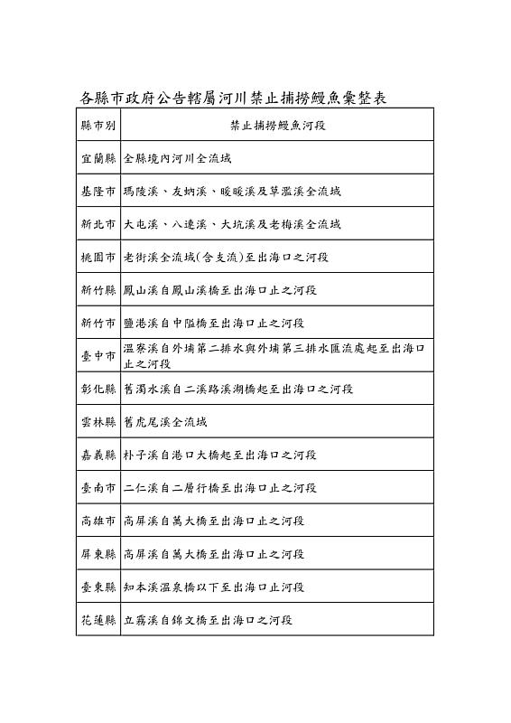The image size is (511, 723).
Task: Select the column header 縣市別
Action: pyautogui.click(x=98, y=125)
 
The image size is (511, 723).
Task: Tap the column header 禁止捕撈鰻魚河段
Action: pyautogui.click(x=277, y=125)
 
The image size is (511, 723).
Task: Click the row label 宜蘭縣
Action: pyautogui.click(x=98, y=158)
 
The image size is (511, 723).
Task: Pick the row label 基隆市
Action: pyautogui.click(x=98, y=192)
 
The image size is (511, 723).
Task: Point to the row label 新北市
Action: pyautogui.click(x=98, y=224)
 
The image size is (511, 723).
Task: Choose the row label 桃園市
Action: pyautogui.click(x=98, y=258)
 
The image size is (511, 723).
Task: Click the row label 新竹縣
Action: pyautogui.click(x=98, y=290)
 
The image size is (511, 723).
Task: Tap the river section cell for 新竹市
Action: pyautogui.click(x=214, y=323)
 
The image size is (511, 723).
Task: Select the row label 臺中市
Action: pyautogui.click(x=98, y=356)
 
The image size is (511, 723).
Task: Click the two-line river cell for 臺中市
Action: pyautogui.click(x=274, y=356)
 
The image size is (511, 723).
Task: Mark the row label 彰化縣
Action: pyautogui.click(x=98, y=389)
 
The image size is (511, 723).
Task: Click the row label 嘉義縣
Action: pyautogui.click(x=98, y=455)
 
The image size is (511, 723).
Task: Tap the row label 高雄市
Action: pyautogui.click(x=98, y=521)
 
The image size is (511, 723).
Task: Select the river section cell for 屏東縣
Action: pyautogui.click(x=214, y=554)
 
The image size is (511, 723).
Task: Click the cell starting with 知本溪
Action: pyautogui.click(x=214, y=587)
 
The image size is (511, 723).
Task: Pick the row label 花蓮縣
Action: pyautogui.click(x=98, y=620)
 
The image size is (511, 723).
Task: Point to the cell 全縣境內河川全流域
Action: pyautogui.click(x=177, y=158)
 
